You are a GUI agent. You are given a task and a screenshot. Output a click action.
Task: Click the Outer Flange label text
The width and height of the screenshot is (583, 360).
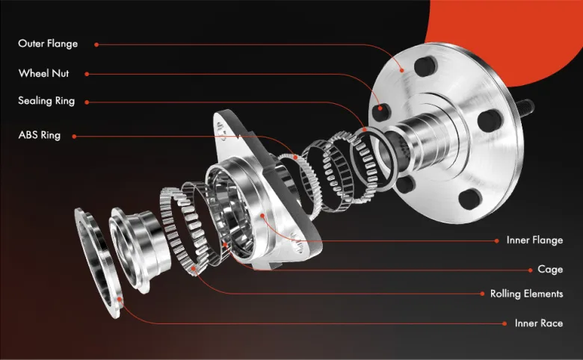pos(48,44)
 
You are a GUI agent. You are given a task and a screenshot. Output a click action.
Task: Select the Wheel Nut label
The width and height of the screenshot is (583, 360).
pos(44,73)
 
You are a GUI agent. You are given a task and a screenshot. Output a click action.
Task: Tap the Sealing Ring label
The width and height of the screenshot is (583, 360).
pos(46,101)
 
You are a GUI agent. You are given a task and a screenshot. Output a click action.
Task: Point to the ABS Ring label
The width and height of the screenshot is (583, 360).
pos(40,135)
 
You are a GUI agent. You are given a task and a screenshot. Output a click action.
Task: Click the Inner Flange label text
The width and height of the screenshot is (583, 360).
pos(534,240)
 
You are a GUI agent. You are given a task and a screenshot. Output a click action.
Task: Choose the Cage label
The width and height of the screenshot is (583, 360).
pos(550,270)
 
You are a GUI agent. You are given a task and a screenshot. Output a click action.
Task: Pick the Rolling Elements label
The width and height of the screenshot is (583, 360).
pos(526,294)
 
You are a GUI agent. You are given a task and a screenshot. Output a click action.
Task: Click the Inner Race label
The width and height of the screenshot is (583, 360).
pos(539,323)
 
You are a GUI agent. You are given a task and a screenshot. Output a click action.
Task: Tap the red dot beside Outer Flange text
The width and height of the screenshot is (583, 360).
pos(96,45)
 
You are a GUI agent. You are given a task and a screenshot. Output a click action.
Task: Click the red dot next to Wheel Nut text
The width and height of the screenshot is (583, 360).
pos(87,74)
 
